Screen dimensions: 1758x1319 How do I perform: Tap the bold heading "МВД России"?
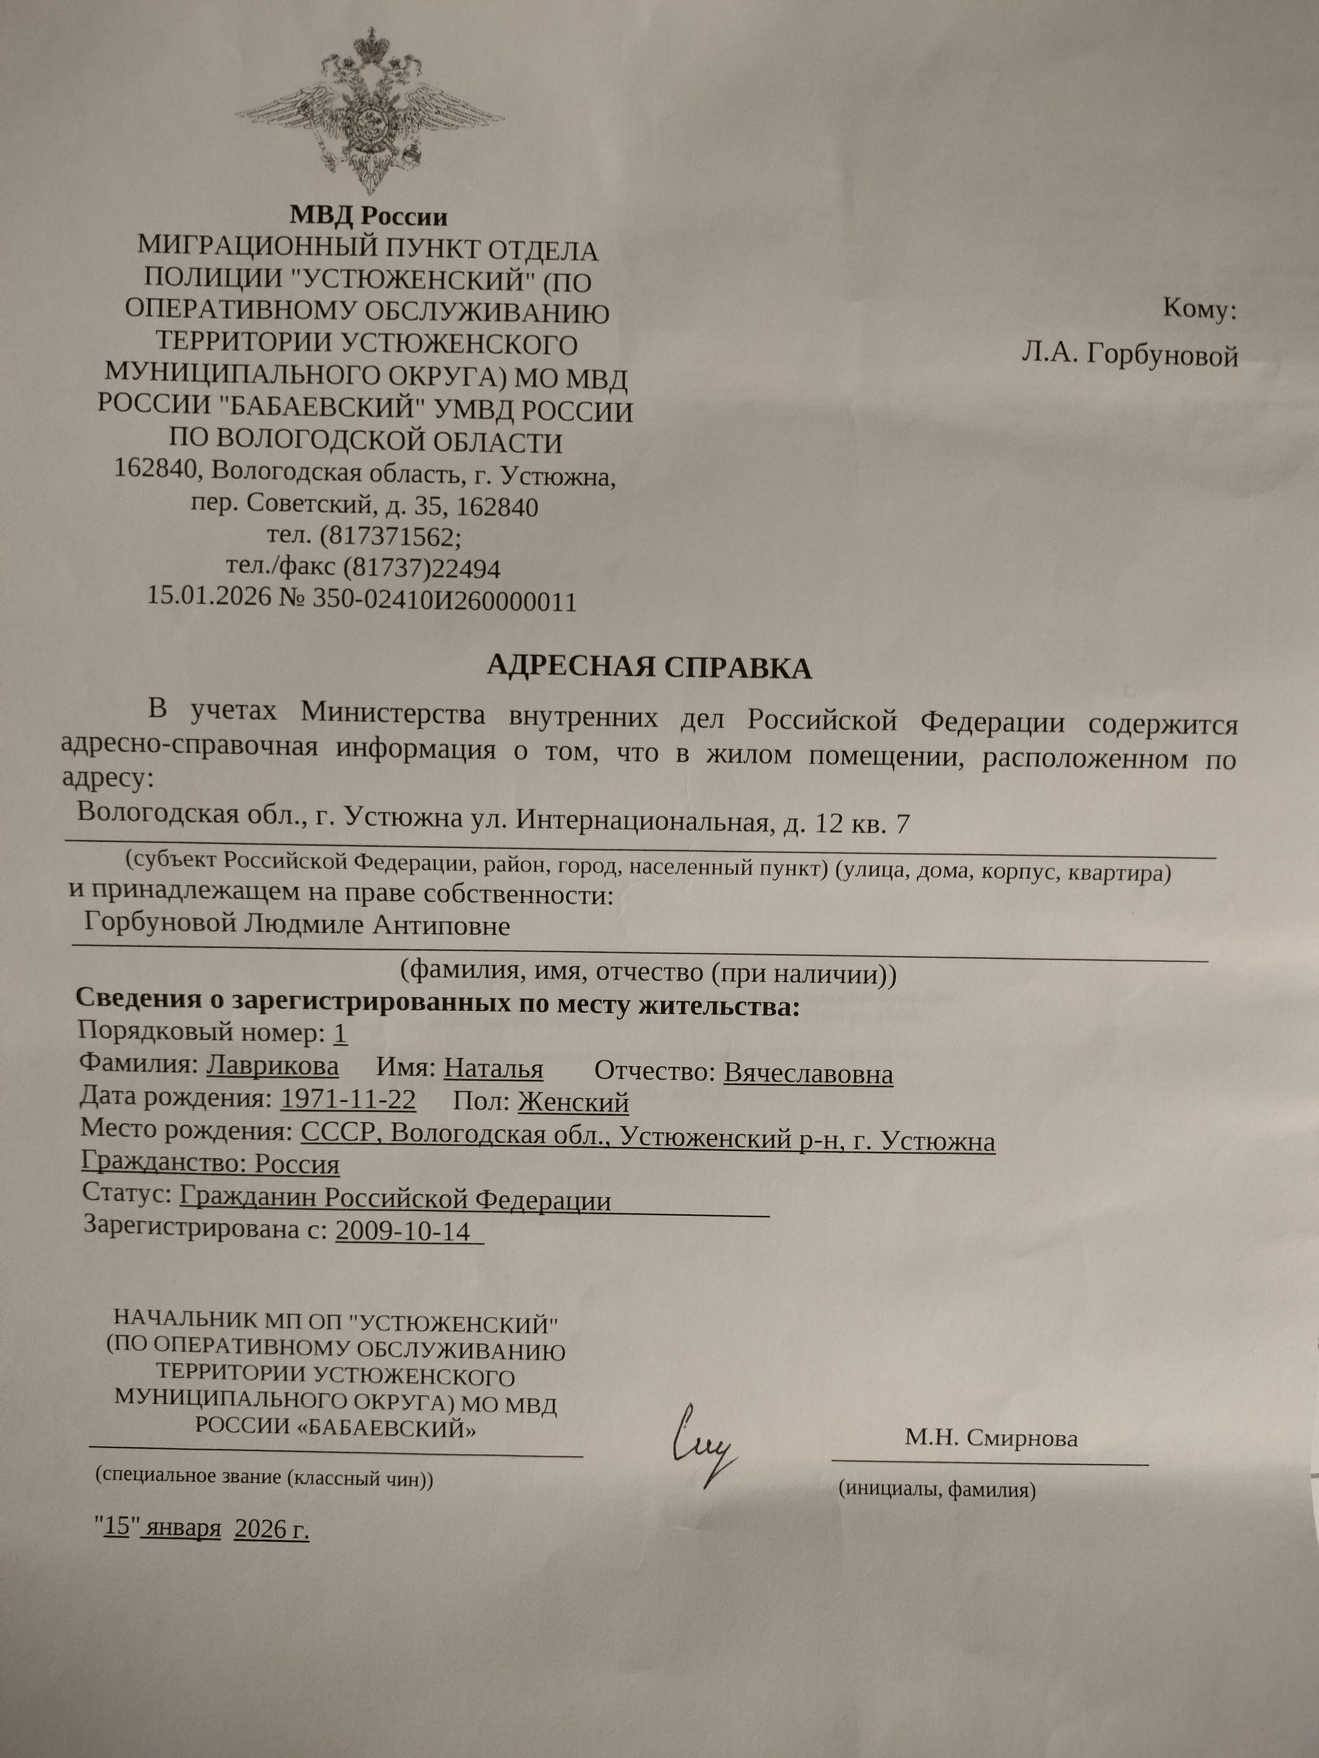coord(368,216)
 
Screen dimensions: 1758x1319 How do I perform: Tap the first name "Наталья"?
coord(493,1069)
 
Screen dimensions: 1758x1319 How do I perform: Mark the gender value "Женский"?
coord(573,1103)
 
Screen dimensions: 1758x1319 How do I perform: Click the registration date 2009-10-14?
coord(404,1230)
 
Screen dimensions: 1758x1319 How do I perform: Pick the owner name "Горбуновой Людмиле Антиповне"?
coord(297,925)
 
